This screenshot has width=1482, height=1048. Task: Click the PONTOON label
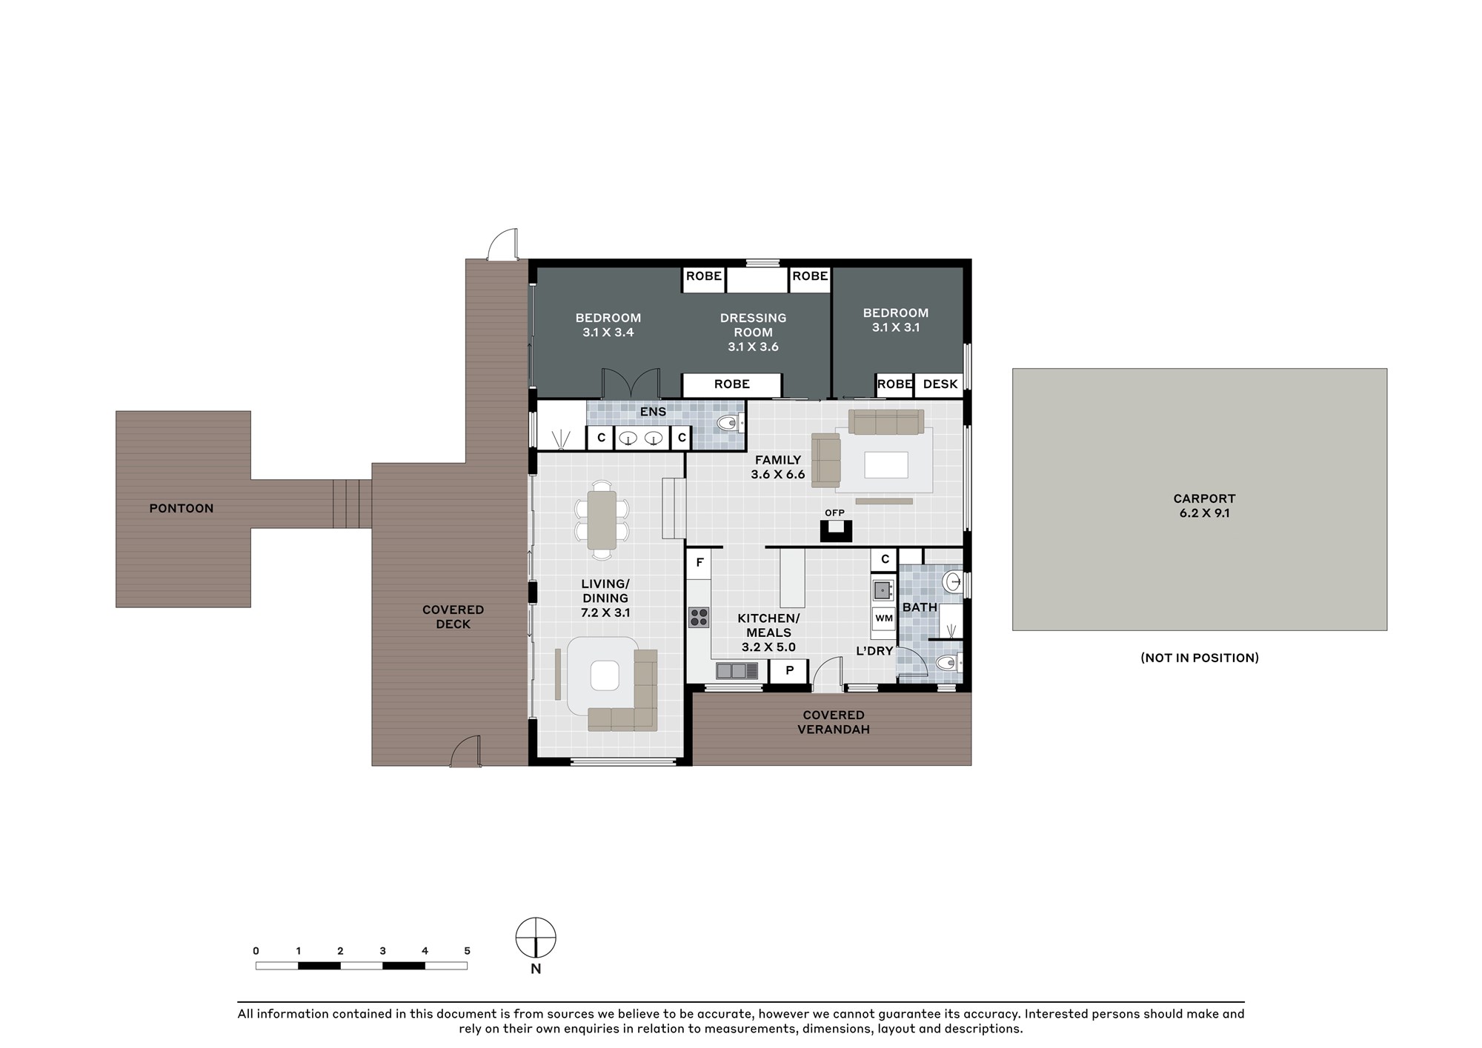[182, 508]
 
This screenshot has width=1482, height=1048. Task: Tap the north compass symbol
[536, 938]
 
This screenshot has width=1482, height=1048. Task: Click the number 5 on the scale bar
[467, 951]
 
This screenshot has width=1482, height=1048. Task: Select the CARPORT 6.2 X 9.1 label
[1204, 506]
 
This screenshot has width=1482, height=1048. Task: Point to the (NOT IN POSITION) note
[1200, 658]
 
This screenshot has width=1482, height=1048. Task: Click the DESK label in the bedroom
[940, 384]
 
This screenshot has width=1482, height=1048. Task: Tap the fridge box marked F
[700, 564]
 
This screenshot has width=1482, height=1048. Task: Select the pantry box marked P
[790, 671]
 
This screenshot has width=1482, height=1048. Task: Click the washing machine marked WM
[884, 618]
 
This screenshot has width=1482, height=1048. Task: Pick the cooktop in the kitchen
[699, 617]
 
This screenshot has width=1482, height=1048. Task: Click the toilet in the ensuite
[729, 424]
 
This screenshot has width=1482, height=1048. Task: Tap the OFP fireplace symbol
[836, 530]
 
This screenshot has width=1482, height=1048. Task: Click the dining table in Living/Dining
[602, 520]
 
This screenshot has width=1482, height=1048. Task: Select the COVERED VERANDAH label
[834, 722]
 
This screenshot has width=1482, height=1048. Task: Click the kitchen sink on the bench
[737, 671]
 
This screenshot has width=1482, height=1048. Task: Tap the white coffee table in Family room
[886, 465]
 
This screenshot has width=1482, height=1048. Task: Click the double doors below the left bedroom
[631, 384]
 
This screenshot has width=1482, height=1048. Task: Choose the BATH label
[920, 607]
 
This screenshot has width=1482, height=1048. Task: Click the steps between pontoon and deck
[352, 504]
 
